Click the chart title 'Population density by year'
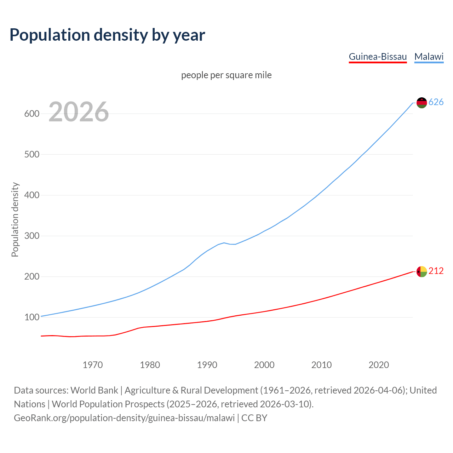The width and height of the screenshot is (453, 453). point(107,35)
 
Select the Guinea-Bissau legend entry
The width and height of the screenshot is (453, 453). point(378,57)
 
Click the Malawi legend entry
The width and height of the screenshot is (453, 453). point(429,57)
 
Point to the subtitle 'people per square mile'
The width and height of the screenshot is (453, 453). point(226,75)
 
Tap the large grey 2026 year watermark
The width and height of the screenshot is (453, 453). point(79,112)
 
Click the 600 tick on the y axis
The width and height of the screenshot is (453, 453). point(31,114)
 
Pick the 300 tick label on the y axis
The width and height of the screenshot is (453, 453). point(31,236)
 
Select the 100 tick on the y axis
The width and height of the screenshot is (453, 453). point(31,317)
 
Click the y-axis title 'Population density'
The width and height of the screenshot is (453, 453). point(15,219)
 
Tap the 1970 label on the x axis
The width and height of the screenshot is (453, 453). point(93,365)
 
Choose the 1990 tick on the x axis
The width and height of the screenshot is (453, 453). point(207,365)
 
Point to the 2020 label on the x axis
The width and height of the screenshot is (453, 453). point(379,365)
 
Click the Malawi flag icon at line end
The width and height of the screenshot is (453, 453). point(422,103)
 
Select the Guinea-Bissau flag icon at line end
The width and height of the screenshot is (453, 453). point(422,271)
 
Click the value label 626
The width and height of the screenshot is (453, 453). point(436,102)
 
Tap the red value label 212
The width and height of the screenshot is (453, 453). point(436,271)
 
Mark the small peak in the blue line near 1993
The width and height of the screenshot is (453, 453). point(224,243)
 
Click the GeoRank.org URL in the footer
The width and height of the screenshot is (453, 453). point(124,418)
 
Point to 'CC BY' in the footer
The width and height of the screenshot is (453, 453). point(254,418)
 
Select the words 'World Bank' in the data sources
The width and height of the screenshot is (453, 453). point(94,390)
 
